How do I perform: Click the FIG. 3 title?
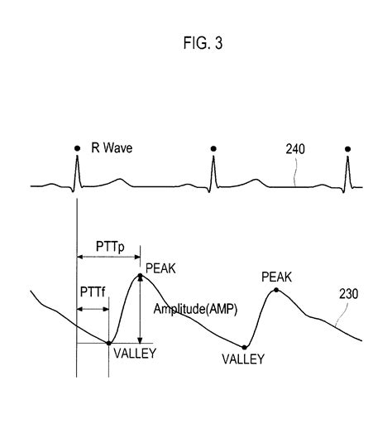pos(196,44)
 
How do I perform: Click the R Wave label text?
pos(112,150)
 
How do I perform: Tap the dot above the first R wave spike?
pos(76,149)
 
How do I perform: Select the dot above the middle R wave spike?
pos(214,149)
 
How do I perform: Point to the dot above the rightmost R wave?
pos(347,149)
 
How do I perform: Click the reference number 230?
pos(350,293)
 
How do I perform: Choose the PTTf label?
pos(92,293)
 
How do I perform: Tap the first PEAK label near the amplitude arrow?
pos(160,267)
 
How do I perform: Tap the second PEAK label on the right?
pos(276,276)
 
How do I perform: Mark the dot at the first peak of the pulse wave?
pos(141,276)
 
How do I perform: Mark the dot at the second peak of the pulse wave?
pos(275,291)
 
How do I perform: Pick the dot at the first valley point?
pos(109,342)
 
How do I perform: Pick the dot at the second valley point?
pos(246,347)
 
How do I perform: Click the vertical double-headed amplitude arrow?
pos(141,311)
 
